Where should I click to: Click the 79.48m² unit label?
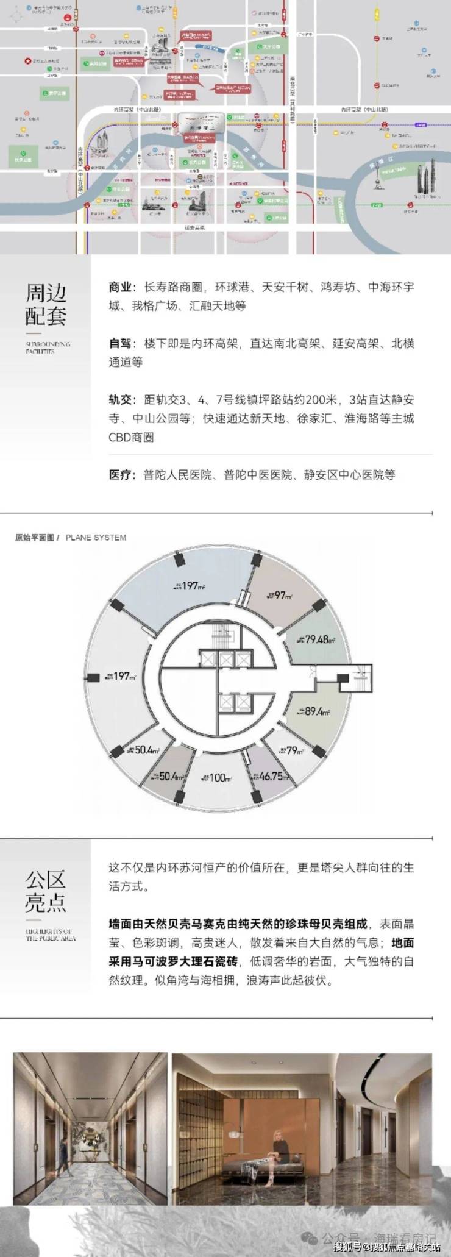tap(318, 639)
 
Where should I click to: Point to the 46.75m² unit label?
tap(274, 776)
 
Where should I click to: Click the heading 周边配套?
tap(46, 304)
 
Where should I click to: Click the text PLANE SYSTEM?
tap(96, 538)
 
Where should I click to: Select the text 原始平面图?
tap(35, 538)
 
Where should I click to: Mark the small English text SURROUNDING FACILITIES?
tap(48, 347)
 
